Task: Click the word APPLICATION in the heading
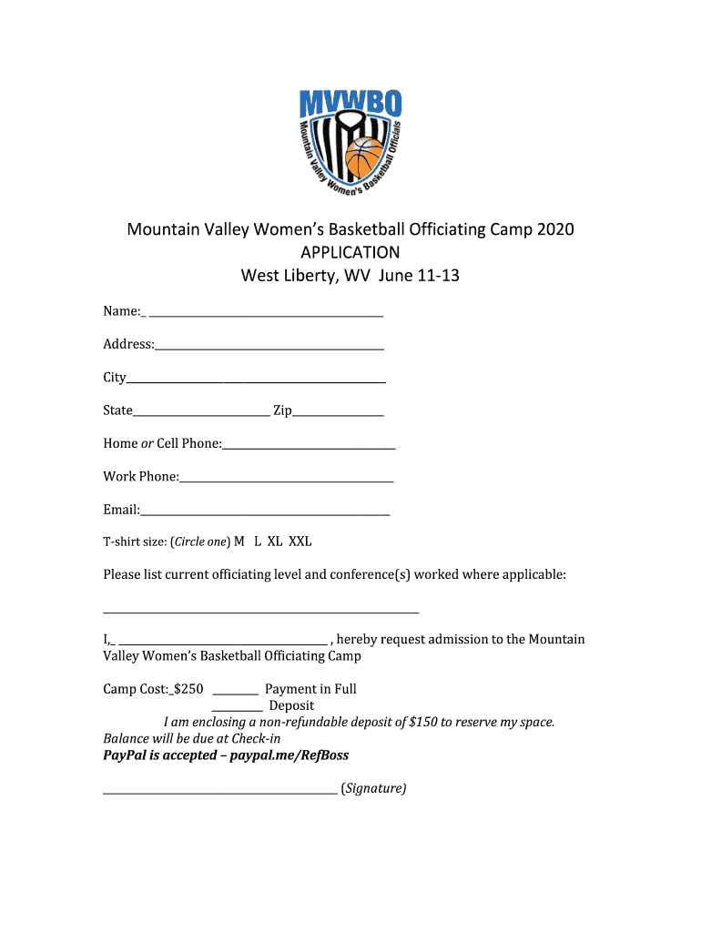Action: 350,252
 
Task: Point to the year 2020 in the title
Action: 555,229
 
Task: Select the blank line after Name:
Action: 266,315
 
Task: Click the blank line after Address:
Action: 269,349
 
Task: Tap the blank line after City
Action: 257,381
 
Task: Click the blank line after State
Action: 201,415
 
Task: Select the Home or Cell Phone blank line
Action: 309,448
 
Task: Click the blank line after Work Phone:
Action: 287,481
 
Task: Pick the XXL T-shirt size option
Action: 300,542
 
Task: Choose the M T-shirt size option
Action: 239,542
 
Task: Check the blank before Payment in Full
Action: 235,694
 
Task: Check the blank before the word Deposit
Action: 238,710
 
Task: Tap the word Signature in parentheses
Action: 373,788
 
